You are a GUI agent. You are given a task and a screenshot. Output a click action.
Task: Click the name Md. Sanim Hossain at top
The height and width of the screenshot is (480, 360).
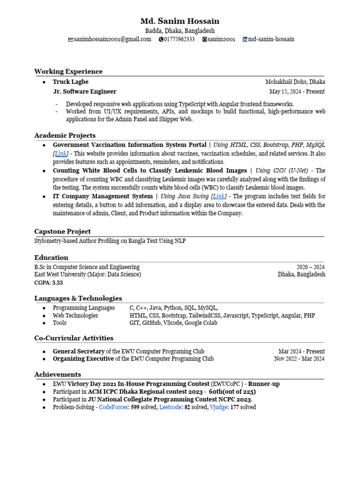coord(180,21)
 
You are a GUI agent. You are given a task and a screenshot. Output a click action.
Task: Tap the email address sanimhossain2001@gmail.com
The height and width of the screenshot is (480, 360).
coord(112,39)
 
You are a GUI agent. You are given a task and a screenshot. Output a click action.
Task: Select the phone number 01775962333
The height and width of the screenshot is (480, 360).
coord(179,39)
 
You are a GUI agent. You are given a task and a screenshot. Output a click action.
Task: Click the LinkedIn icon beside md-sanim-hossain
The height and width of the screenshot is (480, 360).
coord(245,39)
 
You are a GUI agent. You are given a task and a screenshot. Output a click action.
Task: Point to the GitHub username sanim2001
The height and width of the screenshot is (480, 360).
coord(222,39)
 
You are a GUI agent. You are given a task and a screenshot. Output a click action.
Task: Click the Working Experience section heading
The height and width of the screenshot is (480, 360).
coord(68,71)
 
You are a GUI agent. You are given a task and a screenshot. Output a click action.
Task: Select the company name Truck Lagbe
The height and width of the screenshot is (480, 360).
coord(70,82)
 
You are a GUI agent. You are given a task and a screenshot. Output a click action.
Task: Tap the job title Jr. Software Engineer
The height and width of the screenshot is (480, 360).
coord(84,91)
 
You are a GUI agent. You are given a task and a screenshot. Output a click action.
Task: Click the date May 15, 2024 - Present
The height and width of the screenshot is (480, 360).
coord(297,92)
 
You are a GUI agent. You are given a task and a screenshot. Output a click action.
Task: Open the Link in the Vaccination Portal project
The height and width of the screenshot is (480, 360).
coord(60,154)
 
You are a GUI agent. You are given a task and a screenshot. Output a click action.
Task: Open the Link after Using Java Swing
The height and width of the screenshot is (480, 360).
coord(219,196)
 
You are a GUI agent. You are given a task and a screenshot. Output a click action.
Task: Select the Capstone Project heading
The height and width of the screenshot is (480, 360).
coord(62,231)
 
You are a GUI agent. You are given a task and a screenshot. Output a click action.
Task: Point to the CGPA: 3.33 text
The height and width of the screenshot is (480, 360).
coord(48,283)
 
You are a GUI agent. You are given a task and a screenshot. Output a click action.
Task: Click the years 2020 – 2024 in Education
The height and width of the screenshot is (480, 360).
coord(310,267)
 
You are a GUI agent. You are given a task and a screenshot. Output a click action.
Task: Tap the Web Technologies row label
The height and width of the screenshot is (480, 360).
coord(75,315)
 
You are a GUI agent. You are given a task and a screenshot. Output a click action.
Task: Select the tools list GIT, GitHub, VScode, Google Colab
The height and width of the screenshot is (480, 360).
coord(173,323)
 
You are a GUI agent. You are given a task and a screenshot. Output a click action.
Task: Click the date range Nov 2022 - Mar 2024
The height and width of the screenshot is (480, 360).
coord(299,359)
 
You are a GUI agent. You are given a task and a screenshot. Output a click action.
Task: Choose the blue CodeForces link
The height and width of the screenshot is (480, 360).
coord(113,407)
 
